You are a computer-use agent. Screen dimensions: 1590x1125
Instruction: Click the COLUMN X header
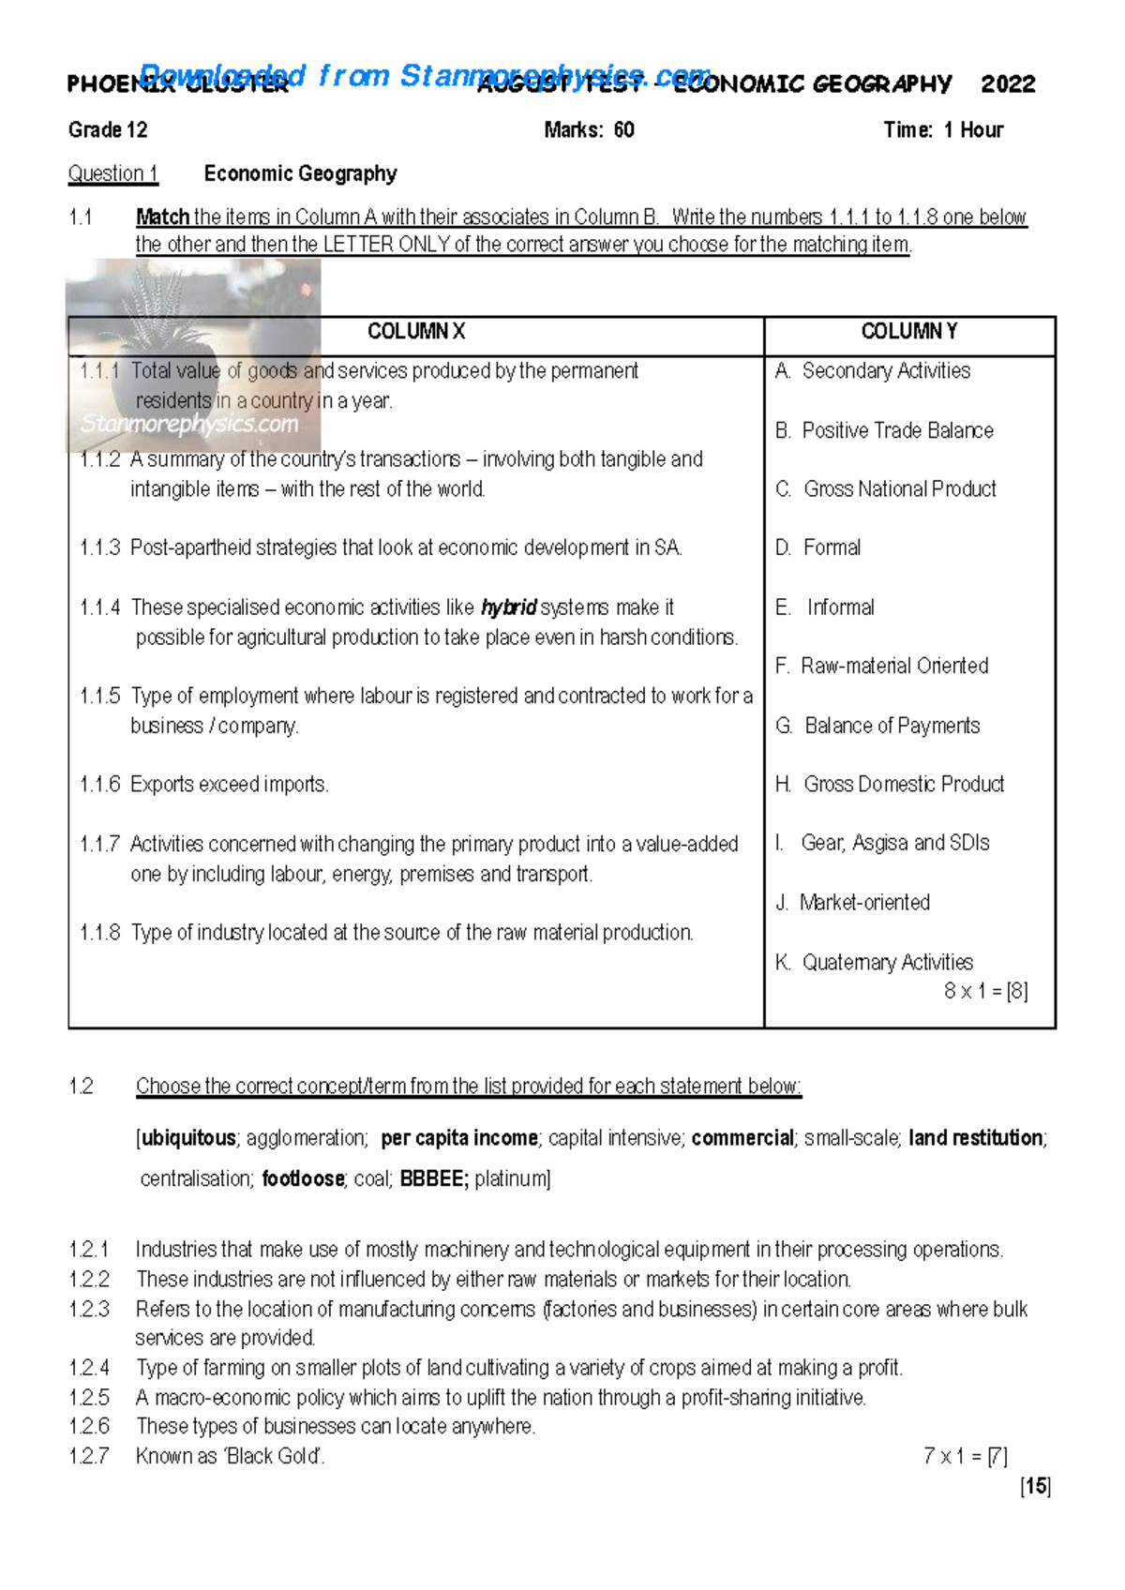(415, 332)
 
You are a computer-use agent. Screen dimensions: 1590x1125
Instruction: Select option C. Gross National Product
(886, 489)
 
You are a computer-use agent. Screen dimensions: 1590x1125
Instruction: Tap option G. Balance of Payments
(877, 726)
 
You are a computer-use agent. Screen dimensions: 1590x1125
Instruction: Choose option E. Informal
(825, 607)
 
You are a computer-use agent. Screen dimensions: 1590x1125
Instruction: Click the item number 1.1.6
(100, 785)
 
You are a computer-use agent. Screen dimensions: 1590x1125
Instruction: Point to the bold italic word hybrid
(508, 607)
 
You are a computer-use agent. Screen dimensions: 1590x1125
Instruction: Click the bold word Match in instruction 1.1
(163, 217)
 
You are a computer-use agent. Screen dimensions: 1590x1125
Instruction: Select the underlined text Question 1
(112, 173)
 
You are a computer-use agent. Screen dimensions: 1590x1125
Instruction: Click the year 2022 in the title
(1008, 84)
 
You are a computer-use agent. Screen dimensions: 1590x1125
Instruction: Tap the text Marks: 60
(589, 130)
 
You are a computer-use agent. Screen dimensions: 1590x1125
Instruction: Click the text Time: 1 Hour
(942, 130)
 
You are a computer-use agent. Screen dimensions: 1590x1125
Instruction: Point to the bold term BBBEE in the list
(433, 1179)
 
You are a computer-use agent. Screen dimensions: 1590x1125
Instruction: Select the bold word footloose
(303, 1179)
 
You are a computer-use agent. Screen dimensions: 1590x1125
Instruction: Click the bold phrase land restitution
(976, 1138)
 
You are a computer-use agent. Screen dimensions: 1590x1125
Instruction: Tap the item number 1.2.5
(89, 1398)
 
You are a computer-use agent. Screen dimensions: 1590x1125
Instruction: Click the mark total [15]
(1036, 1486)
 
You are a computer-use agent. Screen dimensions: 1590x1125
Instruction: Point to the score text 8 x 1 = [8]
(985, 991)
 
